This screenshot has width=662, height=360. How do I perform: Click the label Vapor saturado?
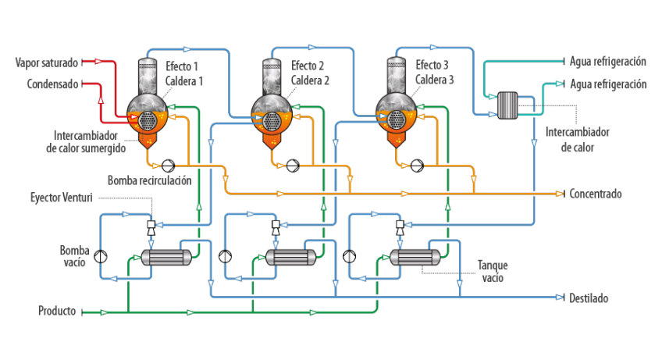(46, 61)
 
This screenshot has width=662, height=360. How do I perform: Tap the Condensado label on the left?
(52, 83)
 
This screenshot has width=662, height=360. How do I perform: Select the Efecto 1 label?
(183, 66)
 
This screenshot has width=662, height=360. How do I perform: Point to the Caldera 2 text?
(311, 80)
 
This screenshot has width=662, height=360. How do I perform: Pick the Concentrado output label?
(596, 194)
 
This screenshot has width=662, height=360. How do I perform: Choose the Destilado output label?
(589, 298)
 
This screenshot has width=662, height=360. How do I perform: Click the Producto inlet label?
(58, 312)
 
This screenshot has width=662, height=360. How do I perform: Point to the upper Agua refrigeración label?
(608, 61)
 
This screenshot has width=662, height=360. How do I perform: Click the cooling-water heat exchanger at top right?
(508, 103)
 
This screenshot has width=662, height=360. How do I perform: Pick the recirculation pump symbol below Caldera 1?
(168, 165)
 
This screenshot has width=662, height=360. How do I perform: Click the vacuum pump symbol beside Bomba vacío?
(99, 256)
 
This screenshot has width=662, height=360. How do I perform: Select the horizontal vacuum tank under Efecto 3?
(414, 258)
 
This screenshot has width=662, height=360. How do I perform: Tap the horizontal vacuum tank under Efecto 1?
(166, 258)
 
